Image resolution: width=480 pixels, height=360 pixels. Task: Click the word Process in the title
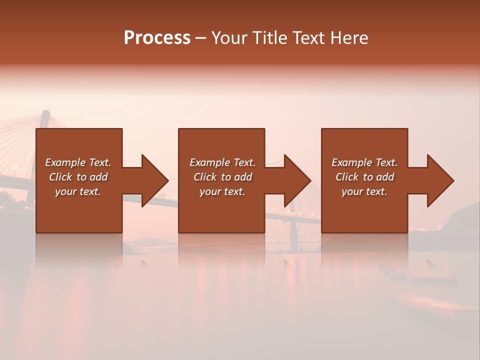point(157,38)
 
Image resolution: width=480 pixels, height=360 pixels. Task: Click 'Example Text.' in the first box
point(78,162)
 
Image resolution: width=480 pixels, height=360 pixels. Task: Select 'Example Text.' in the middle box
point(222,162)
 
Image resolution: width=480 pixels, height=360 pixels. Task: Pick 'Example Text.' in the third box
point(364,162)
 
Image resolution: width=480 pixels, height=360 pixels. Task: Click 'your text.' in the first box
point(78,191)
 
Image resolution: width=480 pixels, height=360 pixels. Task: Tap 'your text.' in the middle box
point(222,191)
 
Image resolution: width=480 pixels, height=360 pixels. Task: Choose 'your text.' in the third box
point(364,191)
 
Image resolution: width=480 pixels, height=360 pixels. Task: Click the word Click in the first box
point(60,177)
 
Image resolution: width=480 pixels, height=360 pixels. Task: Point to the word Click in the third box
point(347,177)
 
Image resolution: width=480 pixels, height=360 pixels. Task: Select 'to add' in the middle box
point(236,177)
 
